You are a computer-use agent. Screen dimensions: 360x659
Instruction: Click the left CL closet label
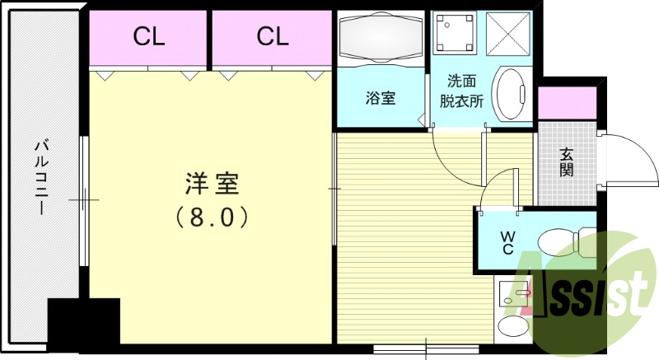(149, 36)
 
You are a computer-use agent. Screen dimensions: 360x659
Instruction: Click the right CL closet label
(272, 36)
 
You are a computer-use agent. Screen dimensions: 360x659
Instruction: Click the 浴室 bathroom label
(381, 98)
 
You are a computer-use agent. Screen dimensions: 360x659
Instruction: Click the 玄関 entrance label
(567, 162)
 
